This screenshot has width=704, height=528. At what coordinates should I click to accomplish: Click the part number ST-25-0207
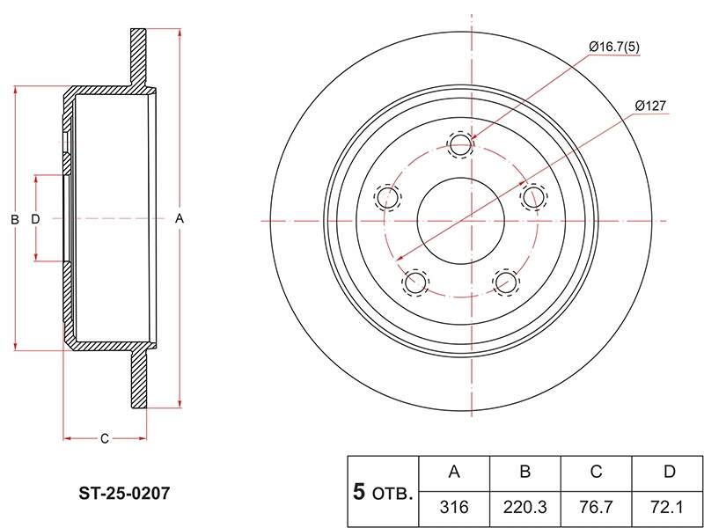tap(124, 494)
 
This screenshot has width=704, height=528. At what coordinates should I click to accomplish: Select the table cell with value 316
tap(454, 508)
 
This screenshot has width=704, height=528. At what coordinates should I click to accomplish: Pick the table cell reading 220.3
tap(524, 508)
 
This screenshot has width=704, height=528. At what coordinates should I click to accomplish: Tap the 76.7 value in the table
tap(596, 508)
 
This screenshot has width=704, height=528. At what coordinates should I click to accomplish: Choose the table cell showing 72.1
tap(667, 508)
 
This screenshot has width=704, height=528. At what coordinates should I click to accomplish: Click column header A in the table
tap(454, 473)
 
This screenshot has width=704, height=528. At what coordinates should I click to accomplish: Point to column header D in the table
tap(667, 473)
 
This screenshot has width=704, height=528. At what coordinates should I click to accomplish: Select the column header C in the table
tap(596, 473)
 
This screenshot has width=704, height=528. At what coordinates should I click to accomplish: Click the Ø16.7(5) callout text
tap(614, 47)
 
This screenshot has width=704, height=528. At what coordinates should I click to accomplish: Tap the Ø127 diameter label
tap(650, 106)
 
